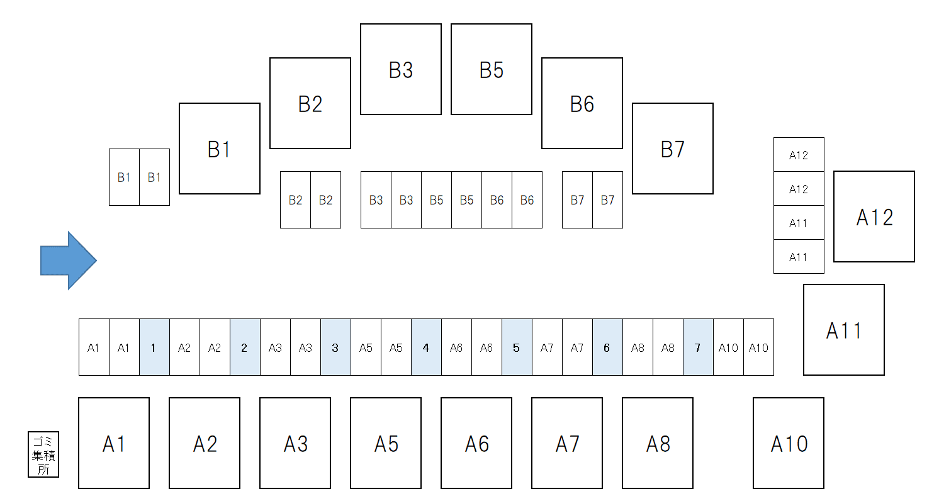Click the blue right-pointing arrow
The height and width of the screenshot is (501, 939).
pos(69,261)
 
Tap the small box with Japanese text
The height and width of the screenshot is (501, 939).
pos(43,454)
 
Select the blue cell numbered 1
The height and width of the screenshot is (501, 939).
pos(154,347)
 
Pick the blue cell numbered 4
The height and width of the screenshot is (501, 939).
pos(426,347)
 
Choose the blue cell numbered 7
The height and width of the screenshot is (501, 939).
pos(698,347)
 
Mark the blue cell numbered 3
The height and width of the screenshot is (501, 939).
pos(335,347)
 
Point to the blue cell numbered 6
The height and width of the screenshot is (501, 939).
pos(607,347)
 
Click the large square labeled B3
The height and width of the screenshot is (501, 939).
pos(401,69)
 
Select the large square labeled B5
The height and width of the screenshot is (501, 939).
pos(492,69)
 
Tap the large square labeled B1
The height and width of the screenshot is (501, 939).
pos(220,149)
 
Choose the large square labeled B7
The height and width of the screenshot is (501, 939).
pos(673,149)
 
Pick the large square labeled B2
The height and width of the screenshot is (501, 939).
pos(310,103)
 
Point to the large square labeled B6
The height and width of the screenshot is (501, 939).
pos(582,103)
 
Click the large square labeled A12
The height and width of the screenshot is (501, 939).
pos(874,217)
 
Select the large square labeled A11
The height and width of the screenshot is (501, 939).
pos(844,330)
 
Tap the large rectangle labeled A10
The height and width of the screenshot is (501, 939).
pos(789,443)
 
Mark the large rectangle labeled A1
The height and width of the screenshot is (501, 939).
pos(114,443)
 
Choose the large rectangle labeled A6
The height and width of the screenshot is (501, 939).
pos(476,443)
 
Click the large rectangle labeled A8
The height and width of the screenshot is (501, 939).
pos(658,443)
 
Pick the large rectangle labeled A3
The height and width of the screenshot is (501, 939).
pos(295,443)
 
